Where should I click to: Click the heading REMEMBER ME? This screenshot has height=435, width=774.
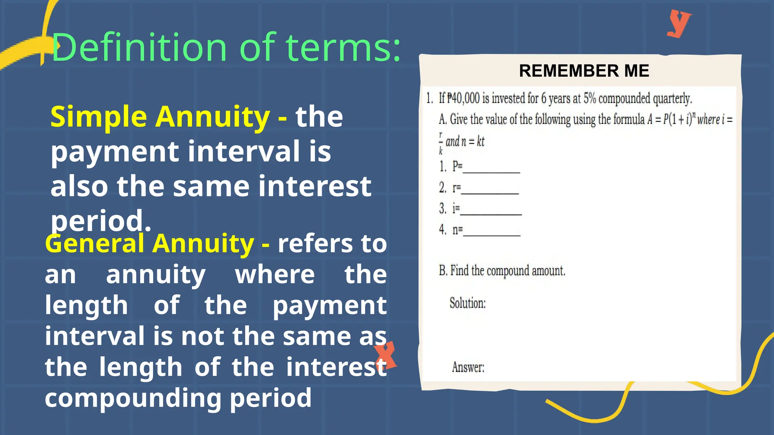(x=584, y=71)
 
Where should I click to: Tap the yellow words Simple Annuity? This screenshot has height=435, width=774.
(x=160, y=117)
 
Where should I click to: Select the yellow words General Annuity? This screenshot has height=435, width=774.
(x=150, y=244)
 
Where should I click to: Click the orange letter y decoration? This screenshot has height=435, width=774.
(x=679, y=23)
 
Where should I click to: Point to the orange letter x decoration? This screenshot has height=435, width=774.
(x=385, y=355)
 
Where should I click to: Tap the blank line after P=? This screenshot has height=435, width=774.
(x=491, y=170)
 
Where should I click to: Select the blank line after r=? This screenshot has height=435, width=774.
(x=490, y=191)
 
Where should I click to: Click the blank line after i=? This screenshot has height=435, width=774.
(x=491, y=212)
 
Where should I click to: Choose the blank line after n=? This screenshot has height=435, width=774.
(x=491, y=233)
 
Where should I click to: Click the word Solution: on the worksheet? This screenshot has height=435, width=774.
(x=467, y=303)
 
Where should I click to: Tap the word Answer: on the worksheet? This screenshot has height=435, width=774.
(x=468, y=367)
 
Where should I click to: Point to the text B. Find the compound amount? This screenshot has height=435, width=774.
(x=502, y=271)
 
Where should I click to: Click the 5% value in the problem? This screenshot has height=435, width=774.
(x=590, y=99)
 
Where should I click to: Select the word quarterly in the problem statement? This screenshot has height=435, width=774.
(x=672, y=99)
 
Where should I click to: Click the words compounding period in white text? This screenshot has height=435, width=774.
(x=178, y=398)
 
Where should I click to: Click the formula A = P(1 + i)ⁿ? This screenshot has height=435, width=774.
(x=671, y=119)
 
